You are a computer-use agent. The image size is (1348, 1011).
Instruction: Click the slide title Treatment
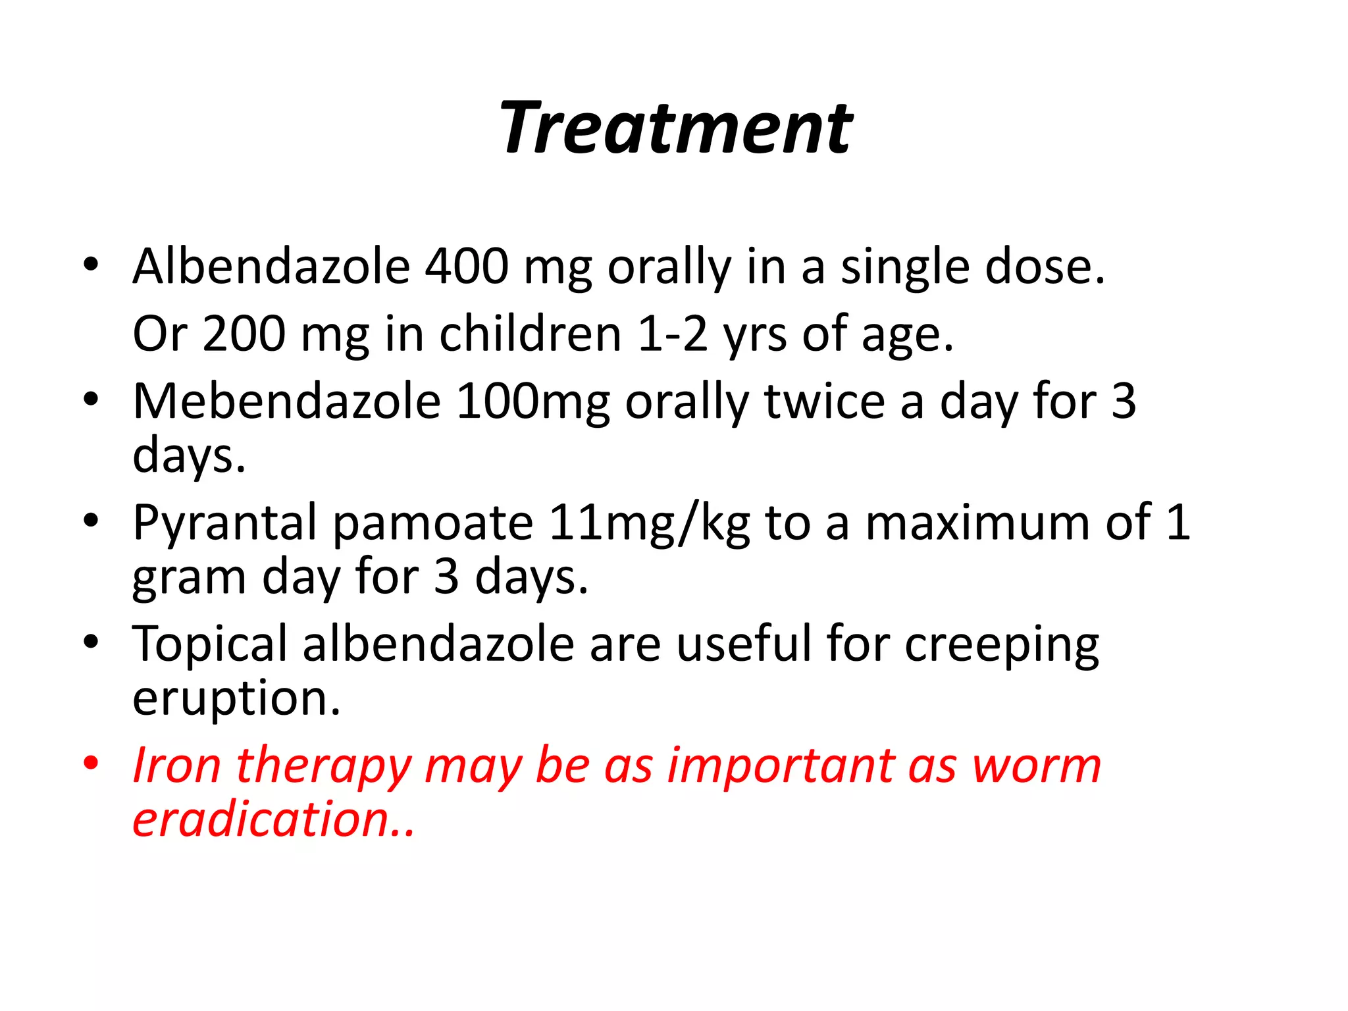pos(675,128)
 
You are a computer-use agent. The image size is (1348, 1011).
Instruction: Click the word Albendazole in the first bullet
pos(271,267)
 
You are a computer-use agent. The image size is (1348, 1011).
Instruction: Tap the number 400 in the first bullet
pos(467,267)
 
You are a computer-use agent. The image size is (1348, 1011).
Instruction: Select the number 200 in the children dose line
pos(244,334)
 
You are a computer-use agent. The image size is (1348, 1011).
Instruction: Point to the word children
pos(530,334)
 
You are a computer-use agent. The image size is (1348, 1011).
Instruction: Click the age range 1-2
pos(673,334)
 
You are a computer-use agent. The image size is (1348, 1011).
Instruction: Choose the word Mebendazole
pos(286,402)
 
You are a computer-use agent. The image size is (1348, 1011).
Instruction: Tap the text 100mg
pos(533,402)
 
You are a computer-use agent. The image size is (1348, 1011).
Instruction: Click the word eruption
pos(236,700)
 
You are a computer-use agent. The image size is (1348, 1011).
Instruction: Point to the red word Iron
pos(176,766)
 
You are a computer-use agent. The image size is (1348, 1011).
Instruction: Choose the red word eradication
pos(272,820)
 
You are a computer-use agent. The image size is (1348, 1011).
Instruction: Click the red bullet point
pos(91,764)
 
